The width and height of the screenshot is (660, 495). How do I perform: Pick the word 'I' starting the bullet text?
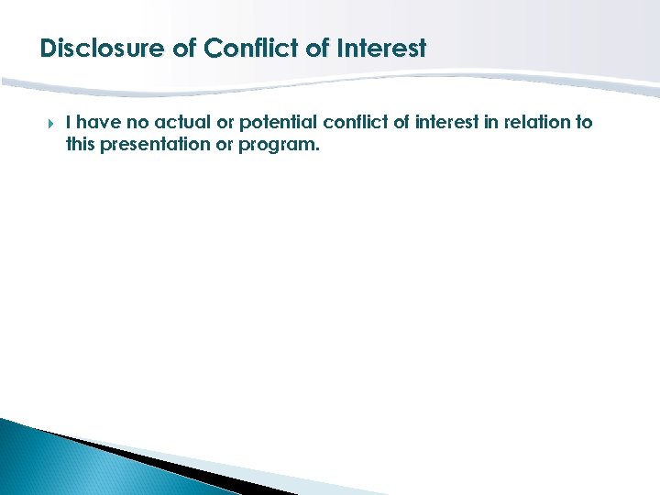[70, 122]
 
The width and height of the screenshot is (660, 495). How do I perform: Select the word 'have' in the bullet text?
[98, 122]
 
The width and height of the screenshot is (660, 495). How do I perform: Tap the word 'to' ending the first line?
[584, 122]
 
